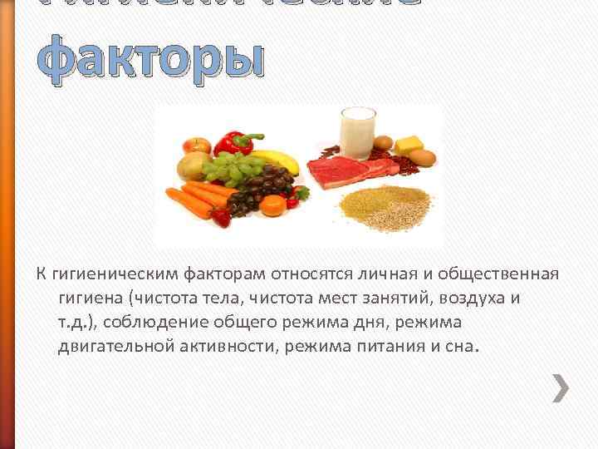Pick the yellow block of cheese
(x=409, y=144)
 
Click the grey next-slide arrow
(x=561, y=387)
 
